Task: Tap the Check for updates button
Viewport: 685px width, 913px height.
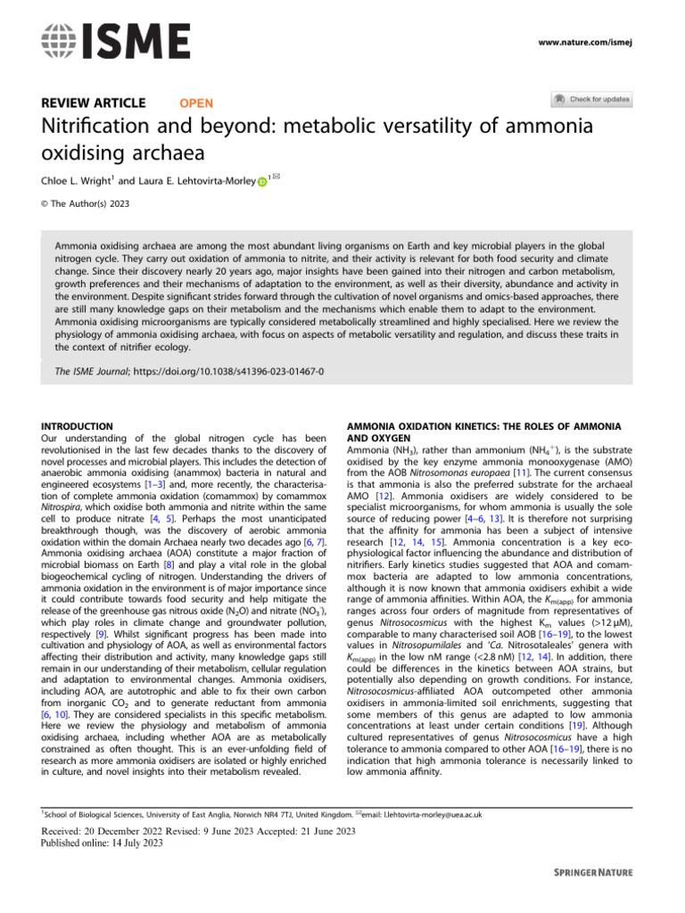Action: click(590, 99)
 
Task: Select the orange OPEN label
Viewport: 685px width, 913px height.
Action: click(196, 103)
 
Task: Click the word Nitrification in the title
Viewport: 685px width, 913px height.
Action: click(94, 127)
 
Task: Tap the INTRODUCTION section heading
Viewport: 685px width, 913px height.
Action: click(78, 427)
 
